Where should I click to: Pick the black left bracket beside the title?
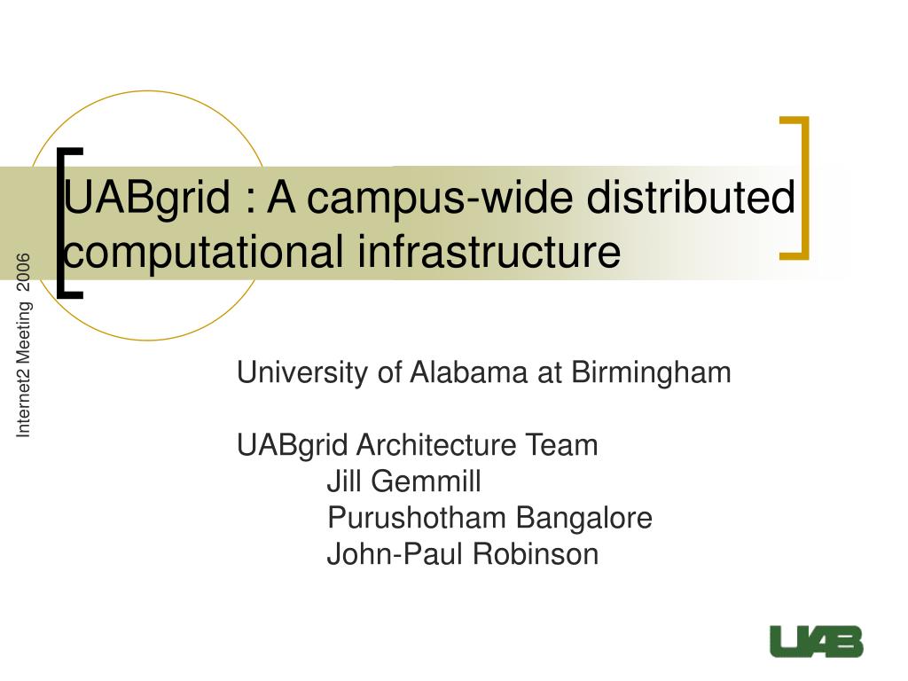click(60, 223)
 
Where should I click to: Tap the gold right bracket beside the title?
click(804, 188)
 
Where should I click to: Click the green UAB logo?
click(817, 642)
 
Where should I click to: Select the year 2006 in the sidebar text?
click(23, 271)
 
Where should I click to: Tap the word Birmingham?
click(651, 373)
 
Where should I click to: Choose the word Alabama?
click(469, 372)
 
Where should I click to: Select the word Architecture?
click(436, 445)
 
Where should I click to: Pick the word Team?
click(561, 445)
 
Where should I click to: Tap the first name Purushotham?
click(417, 517)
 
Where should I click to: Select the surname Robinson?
click(535, 553)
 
